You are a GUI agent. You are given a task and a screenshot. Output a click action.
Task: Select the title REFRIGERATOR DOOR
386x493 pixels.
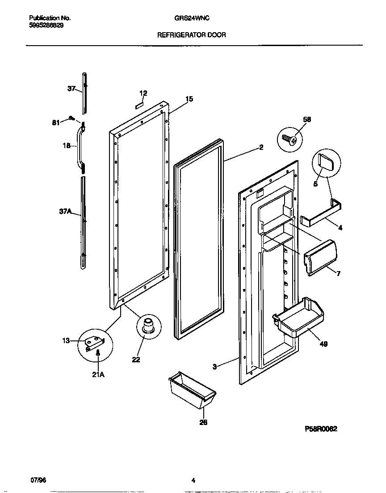tap(192, 35)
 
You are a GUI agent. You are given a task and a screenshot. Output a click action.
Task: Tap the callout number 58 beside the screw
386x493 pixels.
tap(306, 119)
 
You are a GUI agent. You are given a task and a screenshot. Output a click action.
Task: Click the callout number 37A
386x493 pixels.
tap(65, 213)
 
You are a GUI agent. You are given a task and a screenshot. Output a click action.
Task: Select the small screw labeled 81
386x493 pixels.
tap(71, 119)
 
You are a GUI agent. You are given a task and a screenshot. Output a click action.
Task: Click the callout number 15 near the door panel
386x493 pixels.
tap(189, 99)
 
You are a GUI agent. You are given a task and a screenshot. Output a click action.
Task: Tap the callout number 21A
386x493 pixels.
tap(98, 374)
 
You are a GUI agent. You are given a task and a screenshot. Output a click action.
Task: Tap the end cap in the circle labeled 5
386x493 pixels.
tap(326, 161)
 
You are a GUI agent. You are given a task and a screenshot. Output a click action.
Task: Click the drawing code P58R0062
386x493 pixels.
tap(321, 428)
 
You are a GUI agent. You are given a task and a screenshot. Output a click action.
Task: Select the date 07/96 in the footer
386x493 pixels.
tap(38, 480)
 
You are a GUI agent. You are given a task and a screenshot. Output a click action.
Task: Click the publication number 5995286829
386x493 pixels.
tap(46, 26)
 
